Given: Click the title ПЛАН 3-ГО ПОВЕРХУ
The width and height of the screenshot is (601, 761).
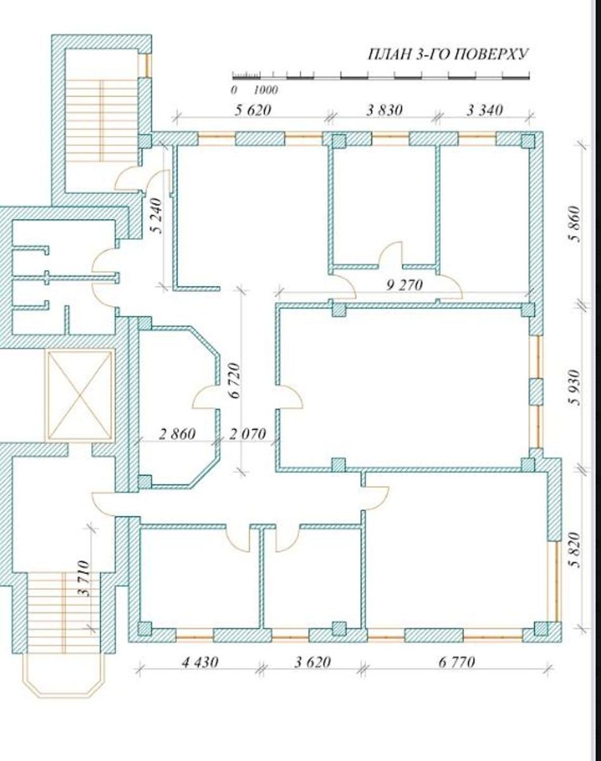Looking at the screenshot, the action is click(448, 55).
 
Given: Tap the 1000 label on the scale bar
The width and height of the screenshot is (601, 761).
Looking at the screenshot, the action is click(266, 90).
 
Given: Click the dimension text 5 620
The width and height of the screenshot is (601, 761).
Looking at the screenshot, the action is click(253, 110).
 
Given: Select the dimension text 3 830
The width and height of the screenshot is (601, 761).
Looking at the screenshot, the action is click(384, 110).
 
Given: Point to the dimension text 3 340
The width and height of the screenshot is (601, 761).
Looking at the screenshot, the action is click(485, 110).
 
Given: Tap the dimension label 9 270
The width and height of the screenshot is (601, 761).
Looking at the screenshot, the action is click(404, 285).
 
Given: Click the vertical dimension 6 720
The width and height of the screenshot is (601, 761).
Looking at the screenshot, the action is click(235, 380).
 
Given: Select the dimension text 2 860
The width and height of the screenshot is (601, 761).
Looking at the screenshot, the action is click(177, 434).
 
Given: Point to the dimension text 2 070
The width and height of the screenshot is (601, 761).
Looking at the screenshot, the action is click(247, 434).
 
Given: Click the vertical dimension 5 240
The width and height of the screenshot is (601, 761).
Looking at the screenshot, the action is click(156, 216).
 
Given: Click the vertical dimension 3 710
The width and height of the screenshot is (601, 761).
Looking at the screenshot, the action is click(84, 578).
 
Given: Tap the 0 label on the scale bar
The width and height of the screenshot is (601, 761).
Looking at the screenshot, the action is click(234, 90).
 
